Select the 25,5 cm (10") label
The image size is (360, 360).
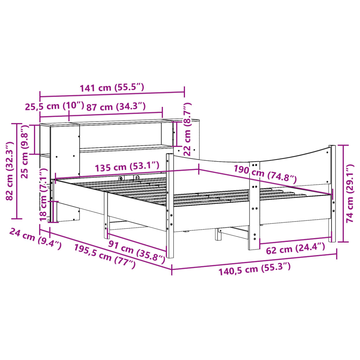(54, 106)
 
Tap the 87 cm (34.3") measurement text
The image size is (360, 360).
(116, 106)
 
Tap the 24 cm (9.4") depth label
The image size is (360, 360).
(35, 238)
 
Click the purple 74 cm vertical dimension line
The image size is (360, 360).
(343, 193)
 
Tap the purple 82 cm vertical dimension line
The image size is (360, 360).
(16, 171)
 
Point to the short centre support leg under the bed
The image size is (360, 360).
(218, 234)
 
